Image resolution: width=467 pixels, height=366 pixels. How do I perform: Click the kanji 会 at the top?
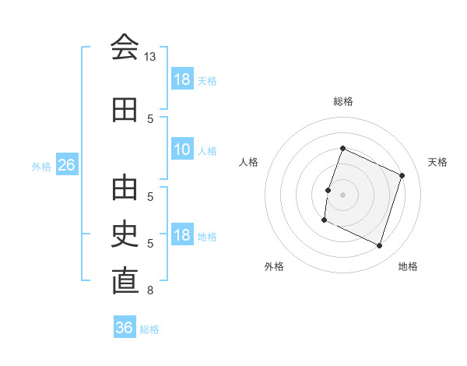[x=125, y=47]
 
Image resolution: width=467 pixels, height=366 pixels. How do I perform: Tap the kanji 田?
[x=125, y=110]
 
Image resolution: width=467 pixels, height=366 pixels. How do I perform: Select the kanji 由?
[x=125, y=188]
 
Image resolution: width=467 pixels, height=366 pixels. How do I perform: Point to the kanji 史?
[x=125, y=234]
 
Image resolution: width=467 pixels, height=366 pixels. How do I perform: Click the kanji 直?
[x=125, y=280]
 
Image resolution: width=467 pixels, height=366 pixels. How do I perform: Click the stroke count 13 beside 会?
[x=149, y=57]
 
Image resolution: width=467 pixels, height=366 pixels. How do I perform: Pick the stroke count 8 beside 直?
[x=150, y=290]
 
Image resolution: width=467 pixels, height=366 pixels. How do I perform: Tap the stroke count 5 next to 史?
[x=150, y=244]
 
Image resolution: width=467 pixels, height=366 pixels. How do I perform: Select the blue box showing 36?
[x=125, y=326]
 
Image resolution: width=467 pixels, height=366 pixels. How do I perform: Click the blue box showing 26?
[x=67, y=164]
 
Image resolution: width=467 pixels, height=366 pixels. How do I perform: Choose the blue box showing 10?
[x=183, y=149]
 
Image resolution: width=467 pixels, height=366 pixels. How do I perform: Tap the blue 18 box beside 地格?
[x=183, y=234]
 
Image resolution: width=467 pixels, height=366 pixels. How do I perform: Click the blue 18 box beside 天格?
[x=183, y=79]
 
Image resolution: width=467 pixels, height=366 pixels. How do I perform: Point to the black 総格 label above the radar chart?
[x=343, y=101]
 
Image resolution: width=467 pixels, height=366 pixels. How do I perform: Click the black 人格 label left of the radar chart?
[x=248, y=162]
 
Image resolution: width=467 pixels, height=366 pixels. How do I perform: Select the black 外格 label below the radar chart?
[x=274, y=266]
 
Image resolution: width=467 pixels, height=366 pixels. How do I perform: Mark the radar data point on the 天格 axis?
[x=402, y=175]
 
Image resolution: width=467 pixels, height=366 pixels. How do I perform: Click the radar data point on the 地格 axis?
[x=379, y=246]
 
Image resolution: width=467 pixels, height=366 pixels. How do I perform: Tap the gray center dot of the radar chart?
[x=342, y=195]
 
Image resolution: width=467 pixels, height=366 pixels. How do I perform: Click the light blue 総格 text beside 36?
[x=149, y=329]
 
